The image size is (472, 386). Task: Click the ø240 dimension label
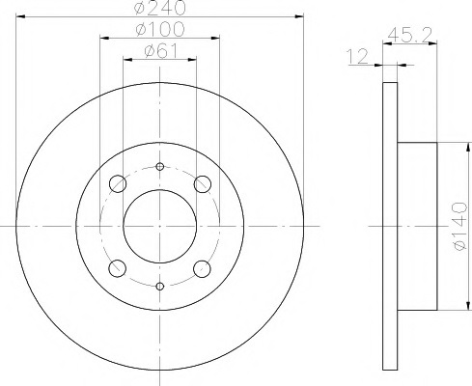click(160, 7)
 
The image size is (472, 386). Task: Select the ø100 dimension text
click(160, 29)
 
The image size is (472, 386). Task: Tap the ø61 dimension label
click(161, 50)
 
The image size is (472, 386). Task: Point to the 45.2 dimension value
click(409, 35)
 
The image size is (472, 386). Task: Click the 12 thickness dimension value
click(357, 57)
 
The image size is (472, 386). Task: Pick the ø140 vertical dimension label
click(459, 226)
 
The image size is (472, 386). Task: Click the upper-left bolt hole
click(118, 184)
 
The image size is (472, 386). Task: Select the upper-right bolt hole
click(203, 184)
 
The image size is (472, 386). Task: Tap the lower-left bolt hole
click(118, 268)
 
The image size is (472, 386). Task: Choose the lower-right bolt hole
click(203, 268)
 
